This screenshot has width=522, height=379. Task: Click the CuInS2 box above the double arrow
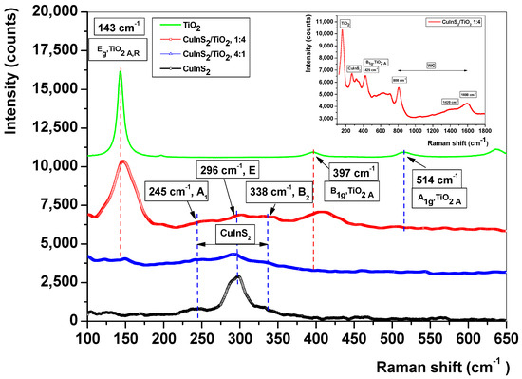(234, 232)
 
